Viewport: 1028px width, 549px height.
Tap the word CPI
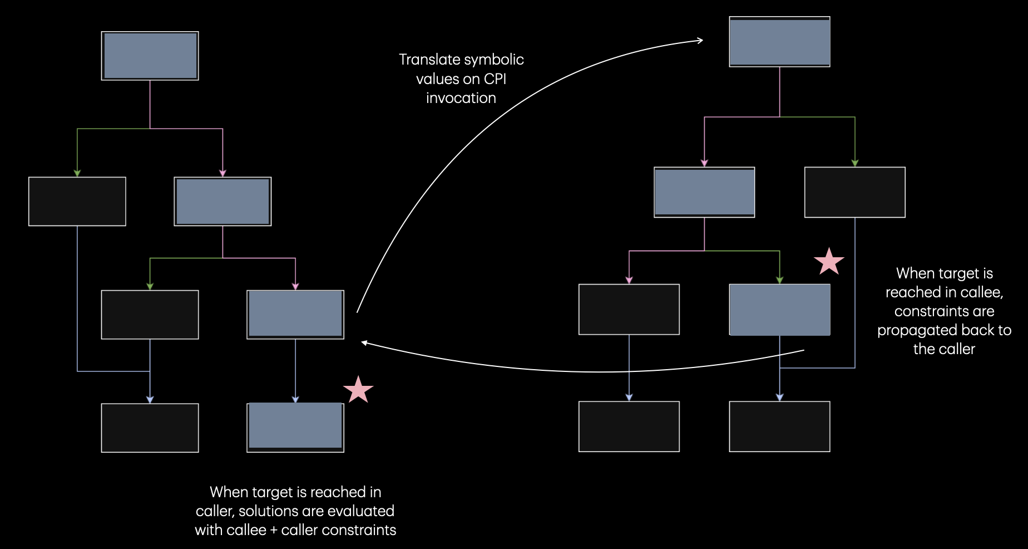(495, 79)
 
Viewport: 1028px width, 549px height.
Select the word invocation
(461, 98)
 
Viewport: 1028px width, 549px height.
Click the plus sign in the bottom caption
(274, 531)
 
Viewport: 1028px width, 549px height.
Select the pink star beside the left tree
(358, 389)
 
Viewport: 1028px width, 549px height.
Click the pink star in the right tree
(829, 261)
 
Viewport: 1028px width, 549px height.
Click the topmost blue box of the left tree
(150, 56)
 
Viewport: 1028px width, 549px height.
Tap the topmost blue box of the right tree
(779, 42)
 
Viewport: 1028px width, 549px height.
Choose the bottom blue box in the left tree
(295, 427)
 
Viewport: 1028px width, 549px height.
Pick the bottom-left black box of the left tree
(150, 428)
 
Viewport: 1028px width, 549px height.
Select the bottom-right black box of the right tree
(779, 427)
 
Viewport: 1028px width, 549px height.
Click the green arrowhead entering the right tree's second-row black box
(855, 163)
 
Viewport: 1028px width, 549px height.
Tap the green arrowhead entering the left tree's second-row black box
(77, 173)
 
